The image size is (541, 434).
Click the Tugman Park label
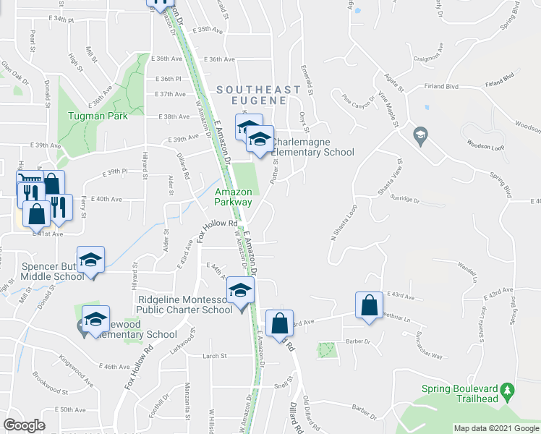click(x=97, y=116)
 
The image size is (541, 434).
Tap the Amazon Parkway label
click(x=234, y=197)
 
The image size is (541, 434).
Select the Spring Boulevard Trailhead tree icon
click(x=509, y=391)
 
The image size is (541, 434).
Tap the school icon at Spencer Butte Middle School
click(x=91, y=259)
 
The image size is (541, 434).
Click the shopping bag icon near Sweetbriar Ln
click(x=369, y=305)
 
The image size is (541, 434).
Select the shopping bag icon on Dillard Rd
click(x=279, y=323)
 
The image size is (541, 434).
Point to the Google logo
click(x=24, y=425)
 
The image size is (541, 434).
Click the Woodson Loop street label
click(x=484, y=144)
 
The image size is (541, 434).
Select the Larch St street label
click(x=215, y=356)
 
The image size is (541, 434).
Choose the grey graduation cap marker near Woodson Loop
click(x=419, y=135)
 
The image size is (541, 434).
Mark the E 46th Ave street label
click(x=116, y=367)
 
